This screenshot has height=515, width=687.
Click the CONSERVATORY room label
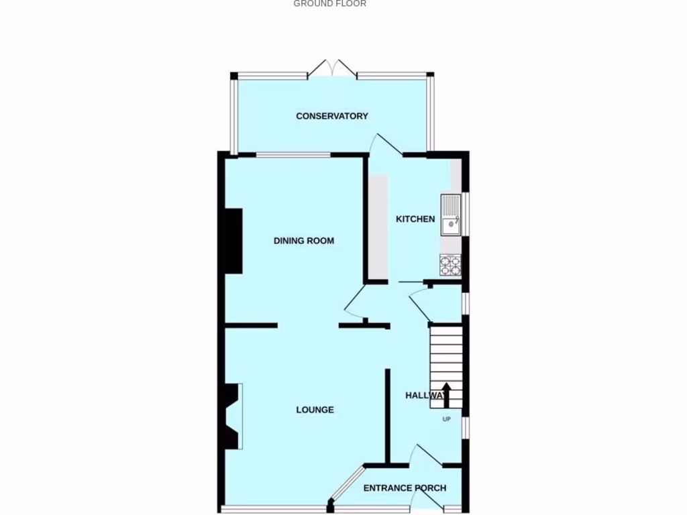pyautogui.click(x=332, y=116)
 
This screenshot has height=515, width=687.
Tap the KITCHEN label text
pyautogui.click(x=415, y=219)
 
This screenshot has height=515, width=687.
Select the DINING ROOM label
pyautogui.click(x=303, y=241)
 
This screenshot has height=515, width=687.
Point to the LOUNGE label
pyautogui.click(x=315, y=410)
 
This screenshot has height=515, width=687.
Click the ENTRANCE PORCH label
pyautogui.click(x=405, y=488)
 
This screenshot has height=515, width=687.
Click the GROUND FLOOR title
pyautogui.click(x=329, y=4)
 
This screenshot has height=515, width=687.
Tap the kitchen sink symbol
pyautogui.click(x=450, y=215)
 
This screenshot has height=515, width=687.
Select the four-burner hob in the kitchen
pyautogui.click(x=450, y=266)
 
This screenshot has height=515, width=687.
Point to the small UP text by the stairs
pyautogui.click(x=446, y=420)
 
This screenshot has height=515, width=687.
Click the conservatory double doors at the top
pyautogui.click(x=332, y=68)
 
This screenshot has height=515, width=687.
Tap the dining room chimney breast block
pyautogui.click(x=233, y=241)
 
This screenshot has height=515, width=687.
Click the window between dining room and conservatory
pyautogui.click(x=293, y=156)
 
